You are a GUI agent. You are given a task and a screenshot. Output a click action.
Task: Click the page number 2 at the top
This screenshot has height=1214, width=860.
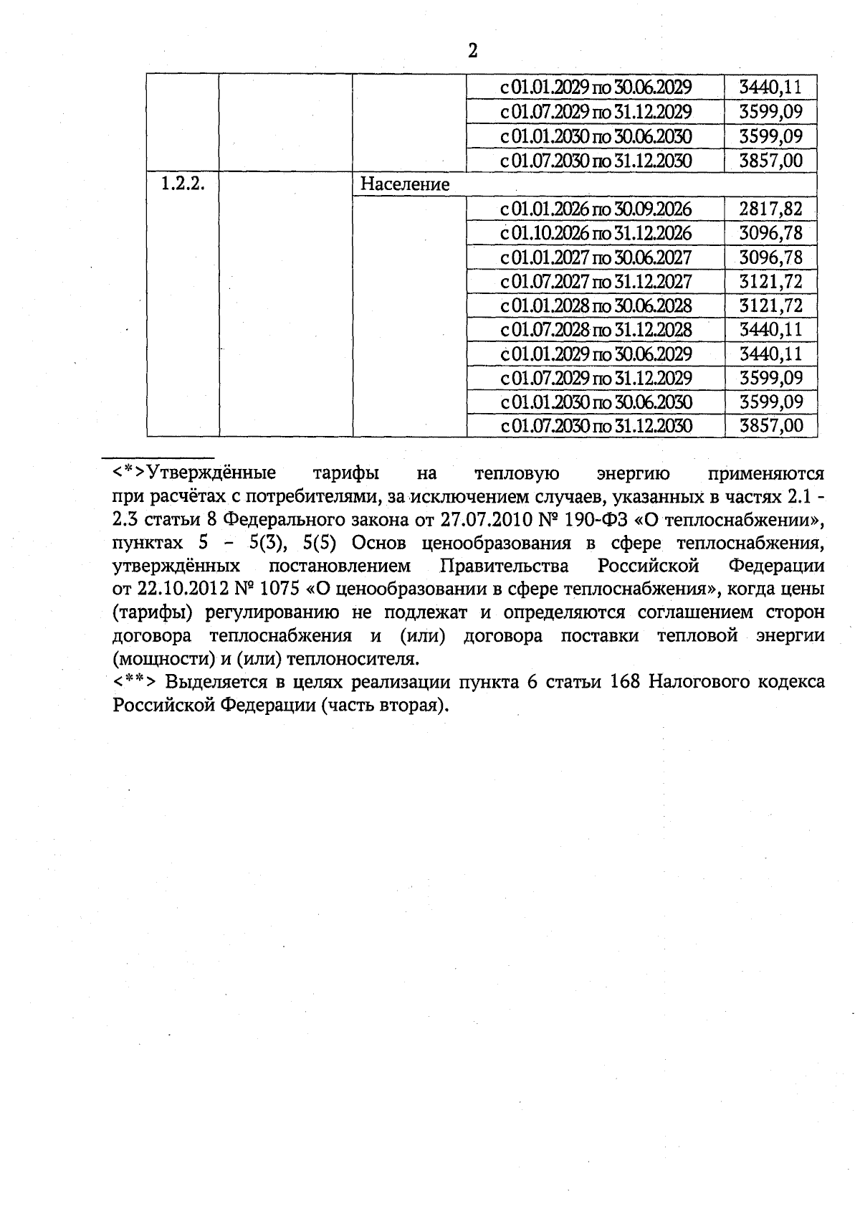[472, 51]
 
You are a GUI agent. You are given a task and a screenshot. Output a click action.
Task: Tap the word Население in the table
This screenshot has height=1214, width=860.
[405, 185]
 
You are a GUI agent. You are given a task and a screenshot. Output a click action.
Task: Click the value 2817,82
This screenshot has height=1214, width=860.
[770, 209]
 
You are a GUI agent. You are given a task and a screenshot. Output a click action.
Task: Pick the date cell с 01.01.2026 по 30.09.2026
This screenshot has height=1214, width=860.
[596, 209]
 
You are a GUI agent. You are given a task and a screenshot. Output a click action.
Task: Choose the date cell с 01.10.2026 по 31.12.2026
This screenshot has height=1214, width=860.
[596, 233]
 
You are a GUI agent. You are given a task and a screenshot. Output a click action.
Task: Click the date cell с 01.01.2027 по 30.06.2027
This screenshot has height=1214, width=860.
[596, 257]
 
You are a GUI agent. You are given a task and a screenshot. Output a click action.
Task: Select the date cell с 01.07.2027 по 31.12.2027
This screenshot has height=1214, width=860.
[596, 281]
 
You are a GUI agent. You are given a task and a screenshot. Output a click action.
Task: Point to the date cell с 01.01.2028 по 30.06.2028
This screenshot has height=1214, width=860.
[596, 305]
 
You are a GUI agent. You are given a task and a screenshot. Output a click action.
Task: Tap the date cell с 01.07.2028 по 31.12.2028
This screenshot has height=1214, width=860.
[596, 330]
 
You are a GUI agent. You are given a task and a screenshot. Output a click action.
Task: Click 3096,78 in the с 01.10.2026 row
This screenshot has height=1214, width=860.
[770, 233]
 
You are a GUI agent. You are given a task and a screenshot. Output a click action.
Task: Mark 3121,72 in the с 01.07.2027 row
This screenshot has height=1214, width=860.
[770, 281]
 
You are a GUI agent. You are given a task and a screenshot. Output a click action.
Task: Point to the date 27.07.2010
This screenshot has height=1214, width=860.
[479, 519]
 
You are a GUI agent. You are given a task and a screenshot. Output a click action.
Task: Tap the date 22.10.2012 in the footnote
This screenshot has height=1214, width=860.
[182, 589]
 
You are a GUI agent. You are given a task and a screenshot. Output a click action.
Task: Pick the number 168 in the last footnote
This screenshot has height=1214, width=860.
[625, 681]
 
